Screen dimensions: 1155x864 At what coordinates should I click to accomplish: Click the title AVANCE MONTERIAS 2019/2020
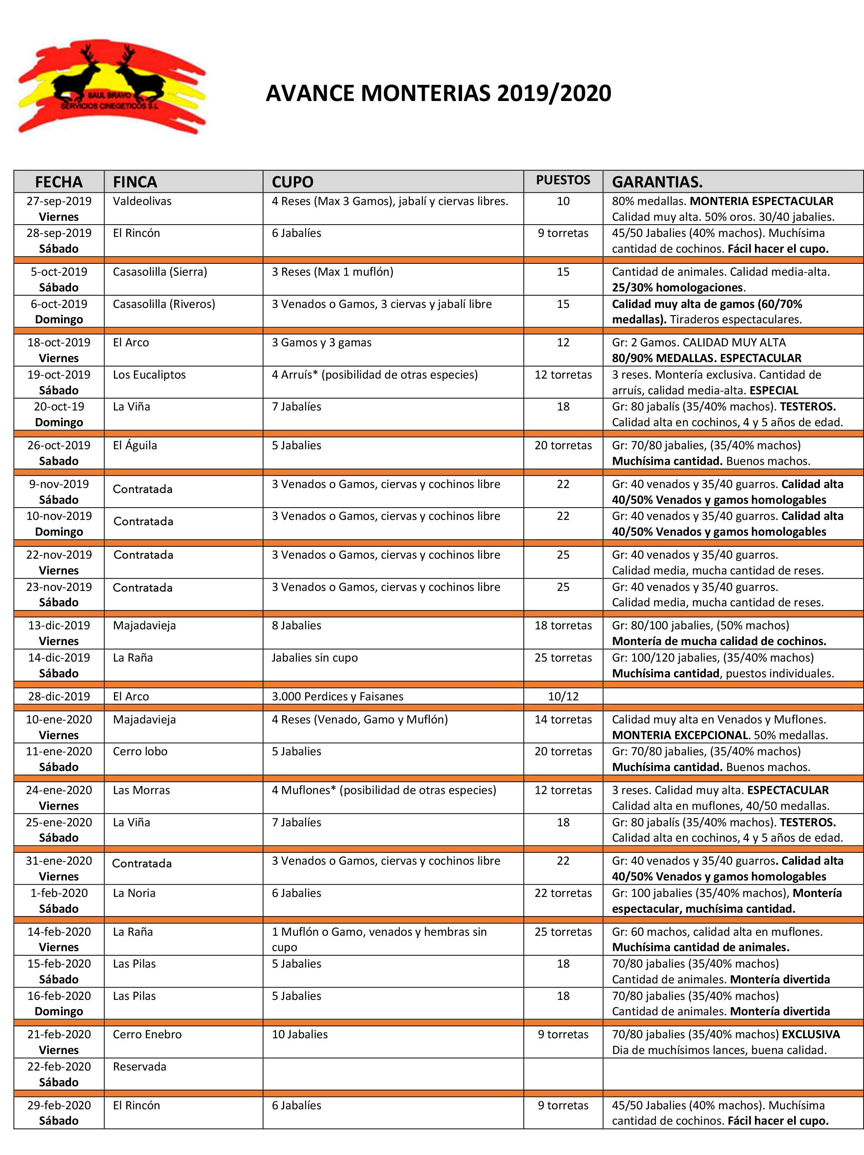[x=438, y=93]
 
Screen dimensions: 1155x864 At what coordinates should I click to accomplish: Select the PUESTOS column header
[x=563, y=180]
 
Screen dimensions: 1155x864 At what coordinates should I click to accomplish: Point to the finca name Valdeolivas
[x=142, y=201]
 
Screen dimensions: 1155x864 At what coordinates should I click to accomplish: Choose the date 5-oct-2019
[x=59, y=271]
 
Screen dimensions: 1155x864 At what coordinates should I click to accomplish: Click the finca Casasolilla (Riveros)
[x=164, y=304]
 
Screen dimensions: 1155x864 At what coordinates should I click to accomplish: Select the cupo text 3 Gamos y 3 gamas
[x=321, y=343]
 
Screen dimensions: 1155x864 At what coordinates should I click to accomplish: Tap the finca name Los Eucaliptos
[x=149, y=374]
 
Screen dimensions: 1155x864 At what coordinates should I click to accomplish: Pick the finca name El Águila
[x=135, y=445]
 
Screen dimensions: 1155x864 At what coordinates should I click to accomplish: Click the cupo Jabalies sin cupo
[x=315, y=657]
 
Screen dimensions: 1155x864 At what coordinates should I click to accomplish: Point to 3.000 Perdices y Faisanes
[x=337, y=696]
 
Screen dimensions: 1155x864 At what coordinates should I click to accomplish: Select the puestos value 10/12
[x=563, y=696]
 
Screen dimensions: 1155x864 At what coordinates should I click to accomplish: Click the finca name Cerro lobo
[x=140, y=751]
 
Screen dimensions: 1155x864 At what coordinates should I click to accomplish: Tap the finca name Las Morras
[x=141, y=790]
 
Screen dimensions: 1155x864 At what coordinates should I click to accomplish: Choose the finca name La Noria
[x=134, y=893]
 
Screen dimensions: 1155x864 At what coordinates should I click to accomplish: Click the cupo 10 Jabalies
[x=300, y=1034]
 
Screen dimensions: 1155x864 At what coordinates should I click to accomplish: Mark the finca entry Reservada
[x=139, y=1066]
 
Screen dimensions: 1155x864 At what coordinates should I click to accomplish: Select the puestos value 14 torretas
[x=563, y=720]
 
